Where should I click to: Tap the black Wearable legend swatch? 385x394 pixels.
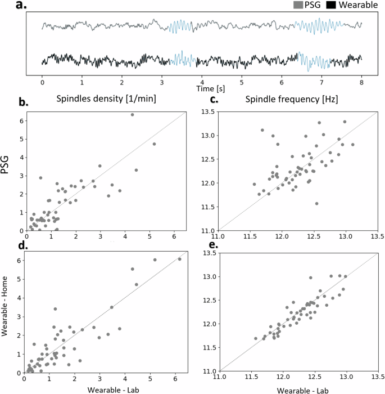332,5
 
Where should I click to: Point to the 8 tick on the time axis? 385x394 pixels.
361,81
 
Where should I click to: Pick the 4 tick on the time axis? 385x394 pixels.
202,81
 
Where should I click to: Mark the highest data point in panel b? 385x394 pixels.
132,115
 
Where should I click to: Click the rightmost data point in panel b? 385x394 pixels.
154,144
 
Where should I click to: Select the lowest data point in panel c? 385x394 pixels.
316,203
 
